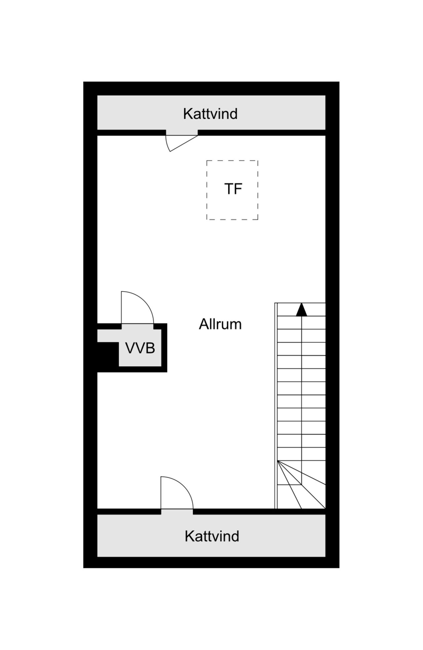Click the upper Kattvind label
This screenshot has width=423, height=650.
point(210,114)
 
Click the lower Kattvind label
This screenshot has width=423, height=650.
point(212,536)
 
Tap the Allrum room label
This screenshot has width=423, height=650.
point(220,325)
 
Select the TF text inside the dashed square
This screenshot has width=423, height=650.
point(233,189)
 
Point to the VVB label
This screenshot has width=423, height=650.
point(140,348)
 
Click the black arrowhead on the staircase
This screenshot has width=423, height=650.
point(301,310)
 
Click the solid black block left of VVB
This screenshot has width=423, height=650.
point(107,354)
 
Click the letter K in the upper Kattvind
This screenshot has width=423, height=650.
point(187,114)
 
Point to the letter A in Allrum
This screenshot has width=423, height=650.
point(203,325)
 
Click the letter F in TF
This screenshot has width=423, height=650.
point(238,189)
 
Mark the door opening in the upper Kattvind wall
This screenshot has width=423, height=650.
point(182,133)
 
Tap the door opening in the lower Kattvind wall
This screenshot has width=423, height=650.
point(177,512)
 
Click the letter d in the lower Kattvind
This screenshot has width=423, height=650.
point(235,536)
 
